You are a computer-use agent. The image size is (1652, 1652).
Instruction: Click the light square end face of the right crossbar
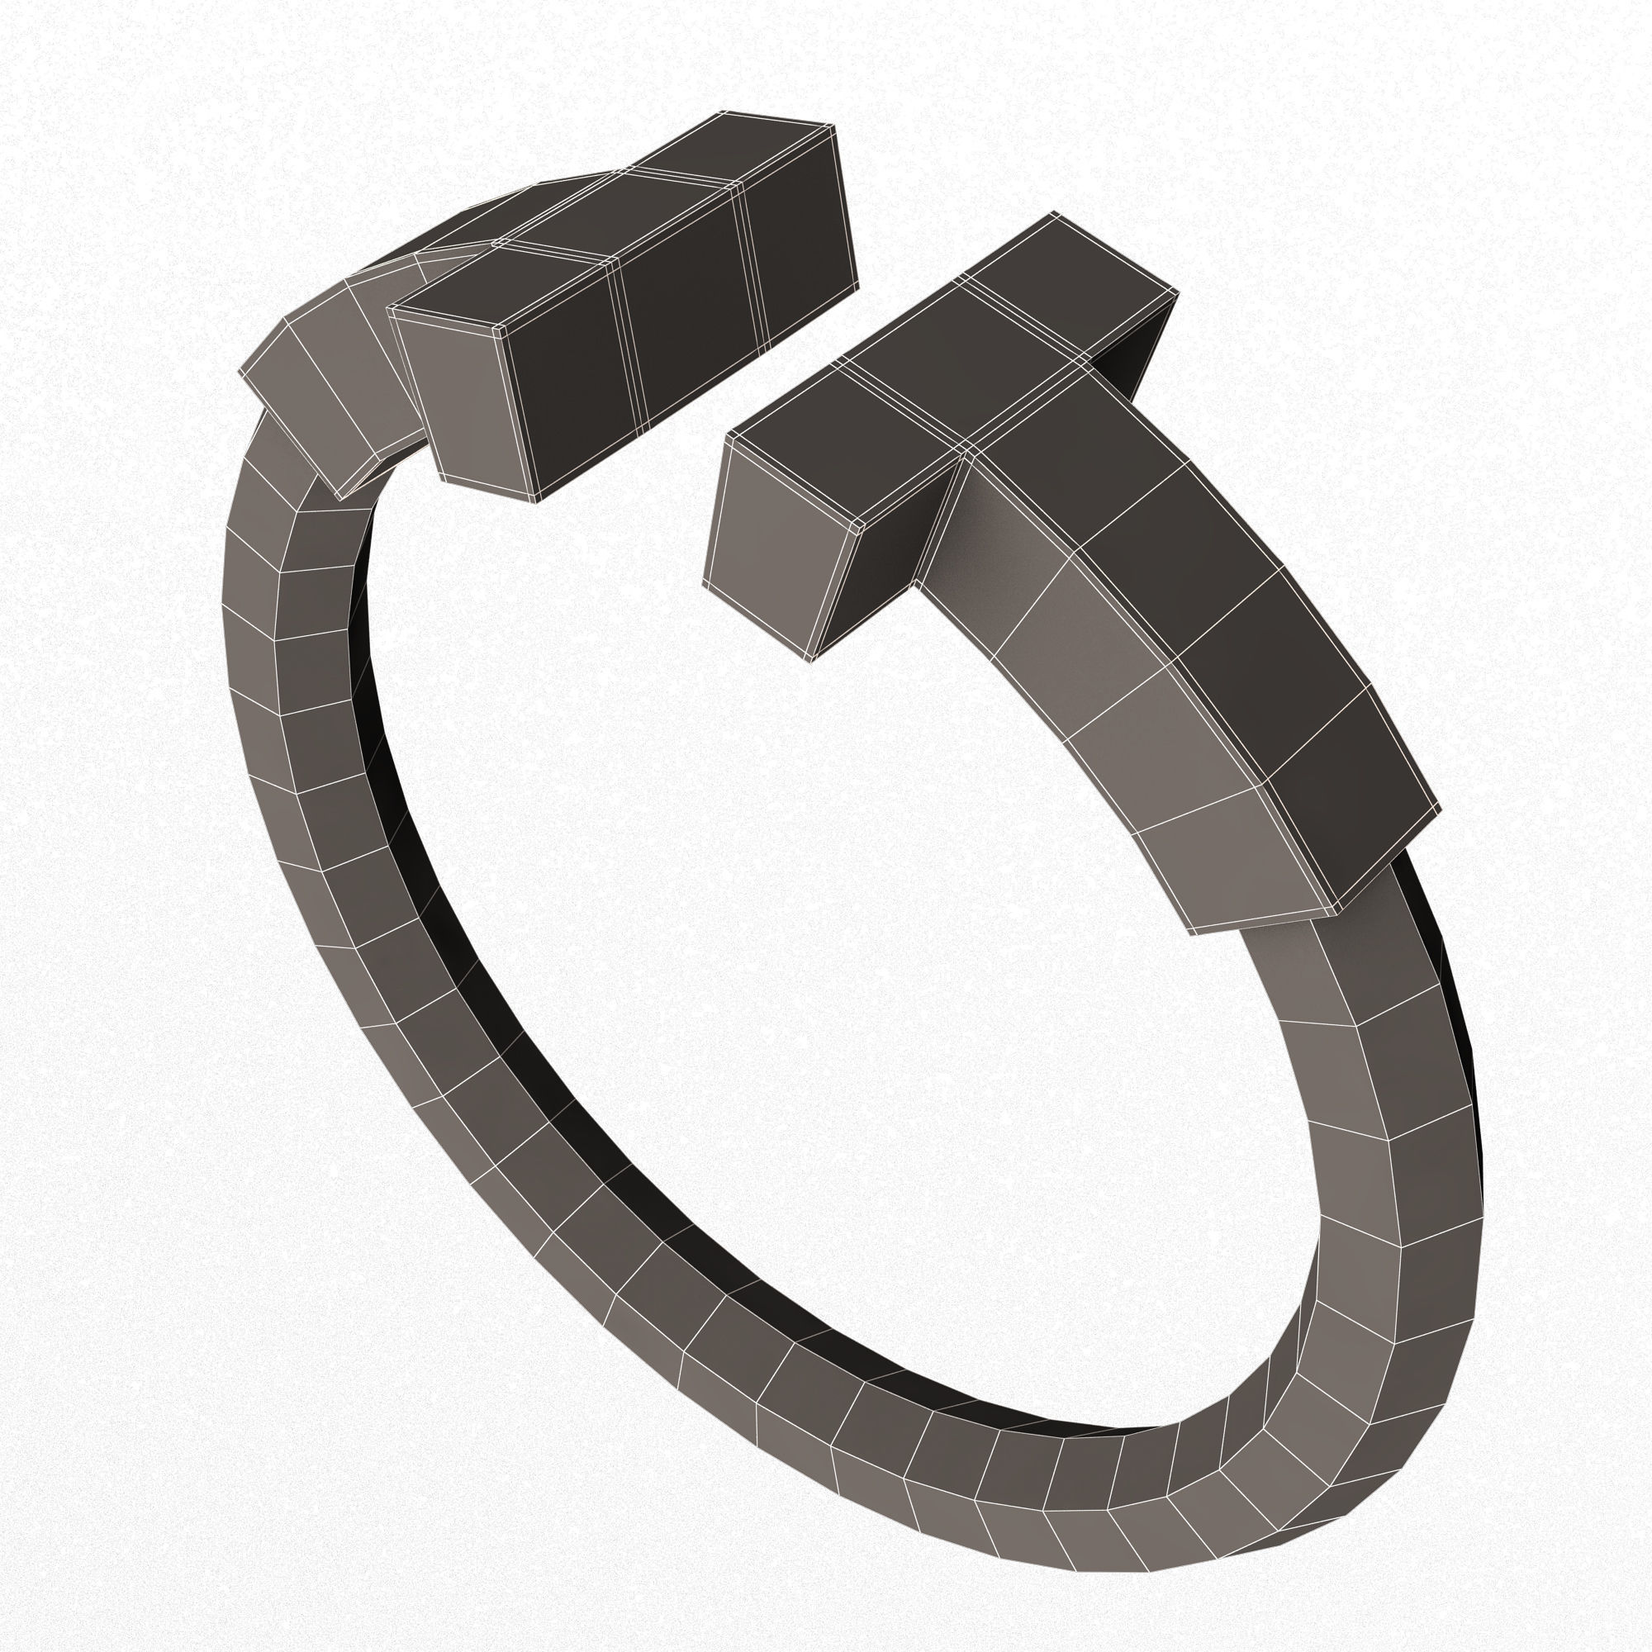tap(780, 548)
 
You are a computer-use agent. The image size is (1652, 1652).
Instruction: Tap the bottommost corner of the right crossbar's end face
tap(808, 660)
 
